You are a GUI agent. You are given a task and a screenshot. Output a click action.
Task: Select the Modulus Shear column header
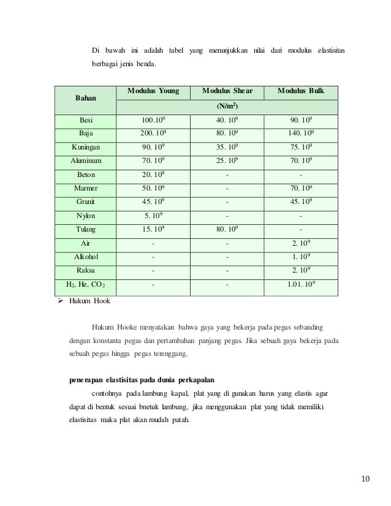pos(227,91)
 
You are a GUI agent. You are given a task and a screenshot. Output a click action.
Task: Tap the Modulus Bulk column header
pos(300,91)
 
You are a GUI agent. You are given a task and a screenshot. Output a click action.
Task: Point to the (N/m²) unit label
pos(227,105)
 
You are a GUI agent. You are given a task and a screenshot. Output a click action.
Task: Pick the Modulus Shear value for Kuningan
pos(227,148)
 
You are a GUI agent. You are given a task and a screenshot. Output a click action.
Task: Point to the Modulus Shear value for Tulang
pos(227,229)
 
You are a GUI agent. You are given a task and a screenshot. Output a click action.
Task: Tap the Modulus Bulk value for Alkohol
pos(300,257)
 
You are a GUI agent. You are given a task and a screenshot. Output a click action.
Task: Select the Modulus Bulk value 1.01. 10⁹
pos(300,284)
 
